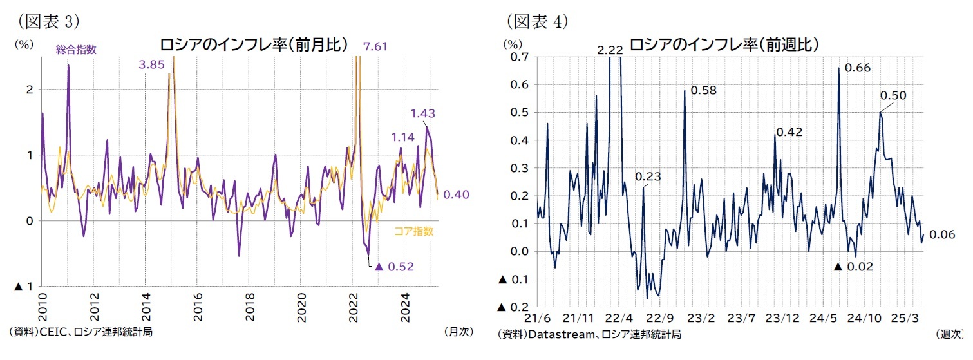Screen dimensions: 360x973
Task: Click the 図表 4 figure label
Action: tap(537, 21)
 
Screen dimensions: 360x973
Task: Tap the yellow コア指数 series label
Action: tap(413, 231)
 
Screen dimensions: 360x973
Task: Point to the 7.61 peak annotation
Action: tap(375, 46)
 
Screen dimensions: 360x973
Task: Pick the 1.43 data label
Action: tap(422, 113)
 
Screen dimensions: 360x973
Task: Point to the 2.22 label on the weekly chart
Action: tap(609, 50)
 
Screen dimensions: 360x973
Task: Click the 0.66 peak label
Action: tap(857, 67)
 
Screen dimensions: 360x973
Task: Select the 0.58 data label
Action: tap(703, 90)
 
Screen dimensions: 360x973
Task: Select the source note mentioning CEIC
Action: tap(80, 332)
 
